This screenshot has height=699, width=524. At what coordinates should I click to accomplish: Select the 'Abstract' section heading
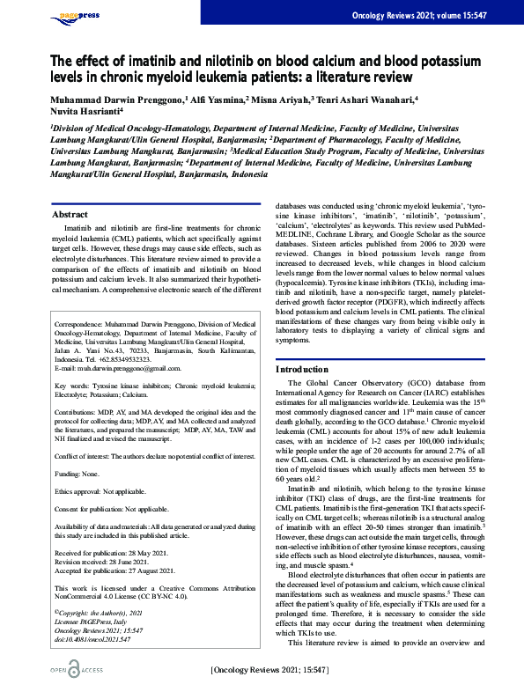click(x=70, y=214)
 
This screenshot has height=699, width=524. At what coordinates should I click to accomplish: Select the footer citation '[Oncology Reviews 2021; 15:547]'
click(x=269, y=671)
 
